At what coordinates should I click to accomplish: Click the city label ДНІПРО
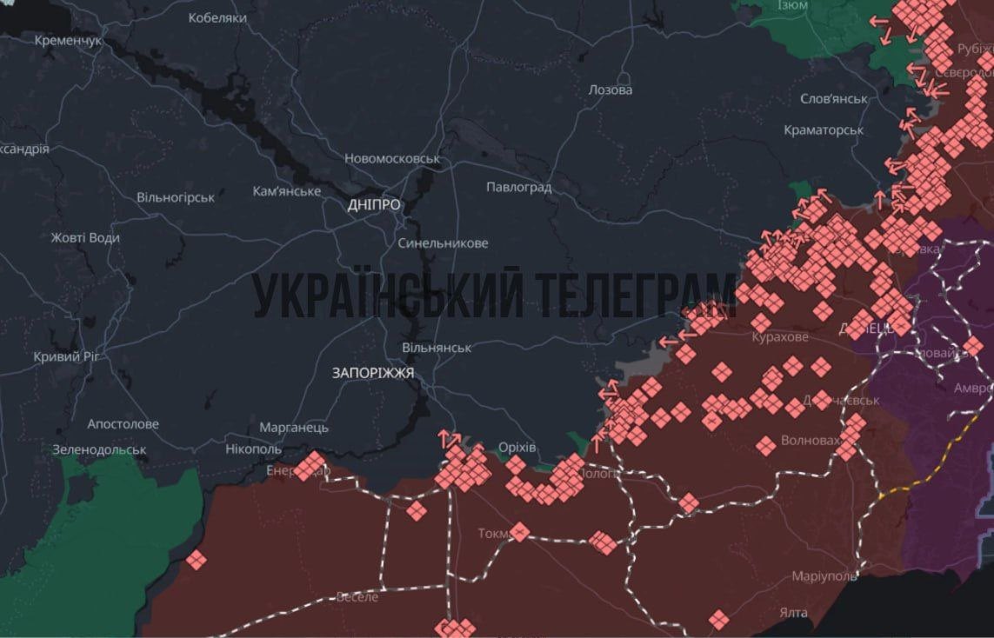(x=374, y=205)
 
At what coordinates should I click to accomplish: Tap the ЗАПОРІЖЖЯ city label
(x=372, y=372)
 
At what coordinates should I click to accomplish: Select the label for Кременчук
(x=69, y=41)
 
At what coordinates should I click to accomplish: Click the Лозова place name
(x=610, y=90)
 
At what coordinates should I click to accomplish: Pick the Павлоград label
(x=518, y=187)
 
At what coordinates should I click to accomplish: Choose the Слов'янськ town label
(x=834, y=98)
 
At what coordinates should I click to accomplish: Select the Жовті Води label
(x=85, y=237)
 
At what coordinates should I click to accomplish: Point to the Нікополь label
(x=253, y=449)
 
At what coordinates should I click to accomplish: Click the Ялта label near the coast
(x=793, y=613)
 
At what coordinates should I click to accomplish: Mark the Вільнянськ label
(x=437, y=347)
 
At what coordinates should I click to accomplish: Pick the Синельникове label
(x=443, y=243)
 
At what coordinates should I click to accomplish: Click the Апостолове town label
(x=123, y=424)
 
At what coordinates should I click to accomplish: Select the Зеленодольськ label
(x=99, y=450)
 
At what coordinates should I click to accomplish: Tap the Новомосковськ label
(x=392, y=158)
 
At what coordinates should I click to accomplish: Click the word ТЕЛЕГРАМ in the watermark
(x=634, y=296)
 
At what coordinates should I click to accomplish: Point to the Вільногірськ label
(x=176, y=197)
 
